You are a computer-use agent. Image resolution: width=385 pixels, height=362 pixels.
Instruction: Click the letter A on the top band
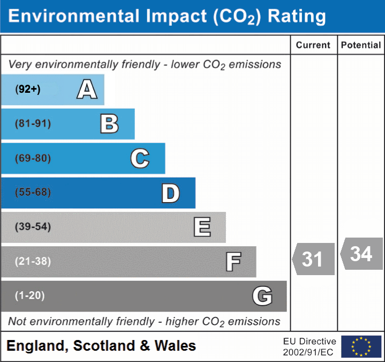pos(87,90)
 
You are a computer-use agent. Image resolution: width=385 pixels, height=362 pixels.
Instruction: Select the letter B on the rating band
pos(109,124)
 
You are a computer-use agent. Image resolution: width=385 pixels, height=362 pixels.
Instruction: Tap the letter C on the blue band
pos(140,159)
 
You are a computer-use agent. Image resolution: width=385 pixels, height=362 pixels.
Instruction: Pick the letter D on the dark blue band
pos(170,193)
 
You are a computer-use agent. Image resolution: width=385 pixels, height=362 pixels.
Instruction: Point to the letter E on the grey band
pos(202,227)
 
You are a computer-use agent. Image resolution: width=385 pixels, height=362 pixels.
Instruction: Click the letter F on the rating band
pos(233,262)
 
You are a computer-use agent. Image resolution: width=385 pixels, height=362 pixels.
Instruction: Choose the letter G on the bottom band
pos(262,296)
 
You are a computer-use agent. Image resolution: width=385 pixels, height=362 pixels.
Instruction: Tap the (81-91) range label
pos(33,124)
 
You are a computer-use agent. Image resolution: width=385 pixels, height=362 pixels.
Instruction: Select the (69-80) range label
pos(33,159)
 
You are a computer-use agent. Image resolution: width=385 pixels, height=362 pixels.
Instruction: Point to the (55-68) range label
pos(33,193)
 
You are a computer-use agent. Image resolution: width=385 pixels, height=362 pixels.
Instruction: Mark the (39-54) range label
pos(33,227)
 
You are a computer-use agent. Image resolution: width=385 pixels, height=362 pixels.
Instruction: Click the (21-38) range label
pos(33,261)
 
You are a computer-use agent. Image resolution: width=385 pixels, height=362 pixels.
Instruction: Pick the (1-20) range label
pos(30,295)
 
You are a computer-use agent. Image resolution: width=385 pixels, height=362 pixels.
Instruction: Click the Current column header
pos(313,46)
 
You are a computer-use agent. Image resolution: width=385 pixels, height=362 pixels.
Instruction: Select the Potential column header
pos(361,46)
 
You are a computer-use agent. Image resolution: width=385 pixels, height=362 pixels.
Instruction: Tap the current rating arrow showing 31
pos(314,259)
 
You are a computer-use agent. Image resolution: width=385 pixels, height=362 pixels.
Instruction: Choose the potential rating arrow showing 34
pos(361,254)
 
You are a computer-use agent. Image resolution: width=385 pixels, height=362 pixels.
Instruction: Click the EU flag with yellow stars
pos(361,346)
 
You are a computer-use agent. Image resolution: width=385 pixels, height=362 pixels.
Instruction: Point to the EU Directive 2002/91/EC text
pos(309,346)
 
